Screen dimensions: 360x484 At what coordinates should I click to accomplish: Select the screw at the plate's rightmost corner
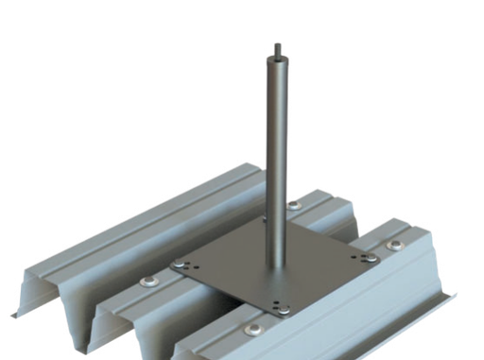coord(363,256)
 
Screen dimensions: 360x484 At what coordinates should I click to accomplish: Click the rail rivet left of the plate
coord(149,282)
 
